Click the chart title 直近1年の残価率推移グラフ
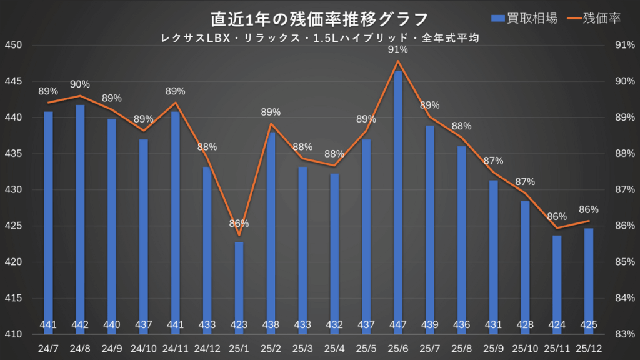point(319,18)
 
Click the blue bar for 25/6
point(398,200)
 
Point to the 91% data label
point(398,49)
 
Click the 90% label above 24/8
point(80,84)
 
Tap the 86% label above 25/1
point(239,223)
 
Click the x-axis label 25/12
point(589,347)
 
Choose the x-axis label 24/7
point(48,347)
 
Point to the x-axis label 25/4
point(334,347)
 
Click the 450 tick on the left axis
point(13,46)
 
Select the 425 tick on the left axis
point(13,226)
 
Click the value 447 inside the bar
point(398,325)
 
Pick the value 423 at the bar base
point(239,325)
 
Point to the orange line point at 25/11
point(557,228)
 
